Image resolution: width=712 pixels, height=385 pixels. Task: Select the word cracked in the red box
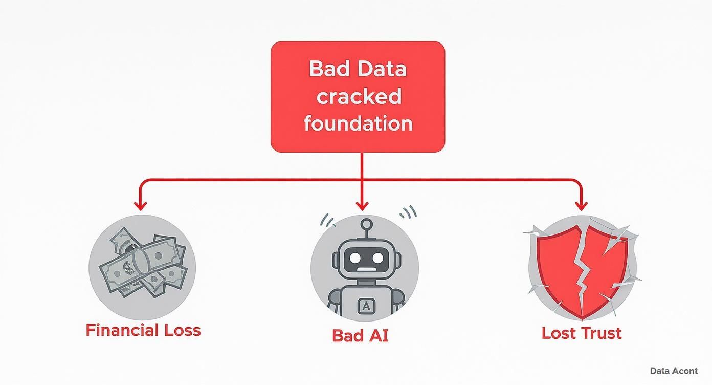click(358, 96)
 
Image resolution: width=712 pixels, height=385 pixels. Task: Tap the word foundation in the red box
click(358, 123)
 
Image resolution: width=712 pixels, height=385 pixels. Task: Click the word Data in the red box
click(382, 69)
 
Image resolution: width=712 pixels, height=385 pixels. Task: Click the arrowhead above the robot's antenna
click(362, 205)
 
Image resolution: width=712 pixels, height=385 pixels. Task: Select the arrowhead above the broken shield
click(581, 205)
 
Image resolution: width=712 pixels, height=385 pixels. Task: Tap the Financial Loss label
click(143, 330)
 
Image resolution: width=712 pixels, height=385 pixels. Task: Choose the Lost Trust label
click(582, 333)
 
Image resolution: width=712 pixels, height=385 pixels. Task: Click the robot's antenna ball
click(366, 224)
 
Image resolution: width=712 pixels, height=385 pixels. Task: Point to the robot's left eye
click(353, 258)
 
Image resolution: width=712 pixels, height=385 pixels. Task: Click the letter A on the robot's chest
click(367, 306)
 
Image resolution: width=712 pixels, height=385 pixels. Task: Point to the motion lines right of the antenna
click(409, 211)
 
